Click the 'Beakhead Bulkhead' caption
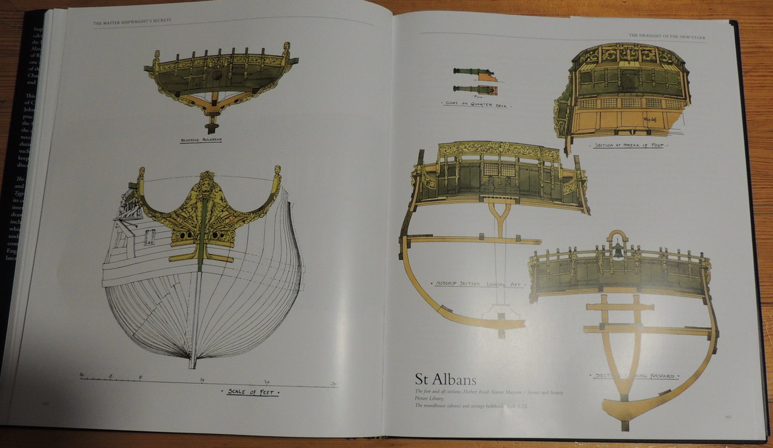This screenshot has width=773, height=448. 201,141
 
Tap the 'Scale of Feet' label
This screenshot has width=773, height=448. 254,392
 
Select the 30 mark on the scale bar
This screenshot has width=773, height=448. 334,383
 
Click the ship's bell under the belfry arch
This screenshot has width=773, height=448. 618,251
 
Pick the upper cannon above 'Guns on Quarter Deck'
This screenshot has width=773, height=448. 473,72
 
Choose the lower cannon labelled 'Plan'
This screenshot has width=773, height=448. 474,89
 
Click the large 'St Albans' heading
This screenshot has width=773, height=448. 446,379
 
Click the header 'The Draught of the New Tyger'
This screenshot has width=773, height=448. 667,36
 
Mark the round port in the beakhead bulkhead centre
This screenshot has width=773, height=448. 217,75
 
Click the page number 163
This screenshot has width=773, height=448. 727,416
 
